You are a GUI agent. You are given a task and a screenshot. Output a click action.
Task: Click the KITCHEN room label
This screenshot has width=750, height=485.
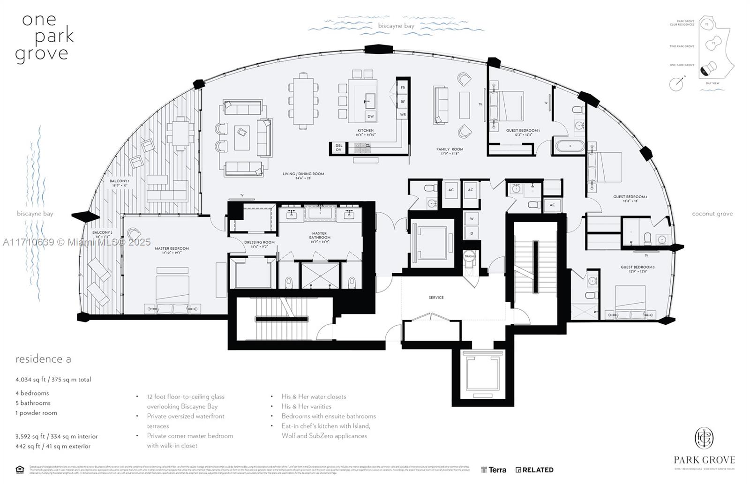366,130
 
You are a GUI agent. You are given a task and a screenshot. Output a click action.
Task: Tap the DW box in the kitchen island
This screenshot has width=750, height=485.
370,116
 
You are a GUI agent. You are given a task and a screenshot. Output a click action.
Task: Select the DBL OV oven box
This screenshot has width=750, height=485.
338,148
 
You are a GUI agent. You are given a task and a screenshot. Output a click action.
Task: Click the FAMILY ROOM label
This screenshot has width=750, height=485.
450,149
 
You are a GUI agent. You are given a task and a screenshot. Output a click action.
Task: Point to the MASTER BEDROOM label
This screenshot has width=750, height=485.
172,248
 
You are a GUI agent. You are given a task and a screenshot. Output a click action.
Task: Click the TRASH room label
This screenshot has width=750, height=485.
469,256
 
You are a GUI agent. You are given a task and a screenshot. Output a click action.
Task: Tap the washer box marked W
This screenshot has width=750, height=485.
471,219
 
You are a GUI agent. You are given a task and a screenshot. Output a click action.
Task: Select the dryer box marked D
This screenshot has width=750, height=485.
471,233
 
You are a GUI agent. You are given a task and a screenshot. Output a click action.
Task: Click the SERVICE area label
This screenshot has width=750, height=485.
436,298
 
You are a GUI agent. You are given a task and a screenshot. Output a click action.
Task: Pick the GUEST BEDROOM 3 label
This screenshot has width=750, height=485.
637,267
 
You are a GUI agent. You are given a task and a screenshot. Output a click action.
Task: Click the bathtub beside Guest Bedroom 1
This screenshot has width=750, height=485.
570,146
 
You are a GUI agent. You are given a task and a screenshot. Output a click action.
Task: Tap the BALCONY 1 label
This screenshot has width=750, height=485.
120,181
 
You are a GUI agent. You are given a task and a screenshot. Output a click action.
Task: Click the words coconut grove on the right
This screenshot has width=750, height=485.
712,214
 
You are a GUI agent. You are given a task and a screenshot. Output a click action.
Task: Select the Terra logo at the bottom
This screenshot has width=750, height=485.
494,470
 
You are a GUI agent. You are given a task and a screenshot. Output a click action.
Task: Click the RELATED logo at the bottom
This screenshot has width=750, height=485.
534,470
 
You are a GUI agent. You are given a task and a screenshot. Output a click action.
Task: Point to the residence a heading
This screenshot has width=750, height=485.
43,359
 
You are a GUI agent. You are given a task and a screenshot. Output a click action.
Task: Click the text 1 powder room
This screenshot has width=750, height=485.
36,413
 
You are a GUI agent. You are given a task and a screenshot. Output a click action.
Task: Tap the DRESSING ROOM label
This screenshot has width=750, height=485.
259,242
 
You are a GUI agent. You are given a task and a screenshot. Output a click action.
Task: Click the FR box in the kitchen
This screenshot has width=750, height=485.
403,88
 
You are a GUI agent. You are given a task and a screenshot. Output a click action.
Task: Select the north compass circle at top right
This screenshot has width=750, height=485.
675,84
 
